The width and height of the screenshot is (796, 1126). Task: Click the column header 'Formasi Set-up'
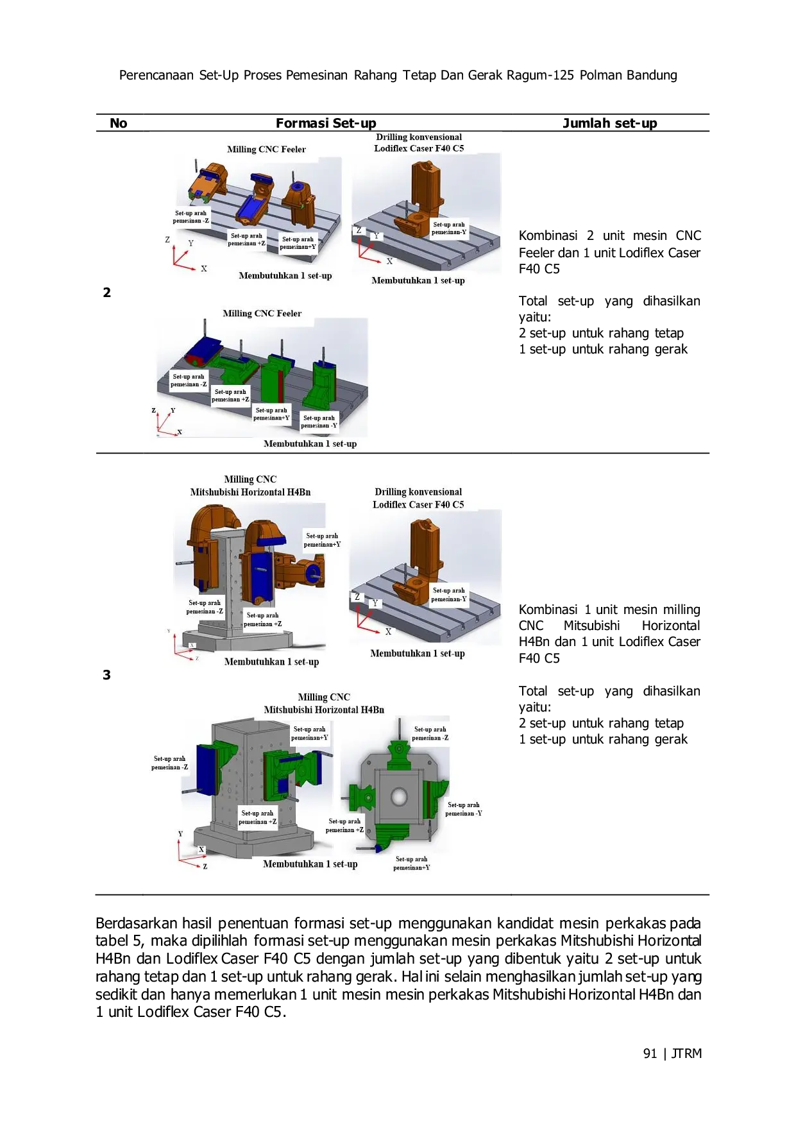[326, 123]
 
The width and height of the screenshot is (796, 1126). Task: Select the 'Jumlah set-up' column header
[609, 123]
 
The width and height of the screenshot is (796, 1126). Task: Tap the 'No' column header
[119, 123]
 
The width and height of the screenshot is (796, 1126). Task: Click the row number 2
[107, 293]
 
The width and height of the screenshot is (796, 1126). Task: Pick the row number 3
[107, 675]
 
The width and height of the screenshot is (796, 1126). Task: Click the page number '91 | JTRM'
[672, 1053]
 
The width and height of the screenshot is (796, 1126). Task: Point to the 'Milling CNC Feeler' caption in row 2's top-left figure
[266, 149]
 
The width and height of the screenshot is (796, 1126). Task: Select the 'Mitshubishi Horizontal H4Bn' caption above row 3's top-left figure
[250, 492]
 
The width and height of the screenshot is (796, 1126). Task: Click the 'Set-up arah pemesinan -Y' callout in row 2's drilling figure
[449, 228]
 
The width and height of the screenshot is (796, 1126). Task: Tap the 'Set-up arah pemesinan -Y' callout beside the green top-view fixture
[464, 809]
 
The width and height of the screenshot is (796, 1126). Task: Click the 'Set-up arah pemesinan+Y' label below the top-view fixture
[412, 864]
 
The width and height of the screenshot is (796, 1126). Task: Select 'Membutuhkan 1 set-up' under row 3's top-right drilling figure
[418, 653]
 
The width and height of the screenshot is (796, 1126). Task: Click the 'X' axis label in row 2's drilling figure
[389, 261]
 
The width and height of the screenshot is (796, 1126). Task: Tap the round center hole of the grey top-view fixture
[399, 797]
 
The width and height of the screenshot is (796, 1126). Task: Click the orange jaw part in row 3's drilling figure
[422, 552]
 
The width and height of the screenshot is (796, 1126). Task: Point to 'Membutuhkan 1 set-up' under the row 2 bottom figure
[310, 443]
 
